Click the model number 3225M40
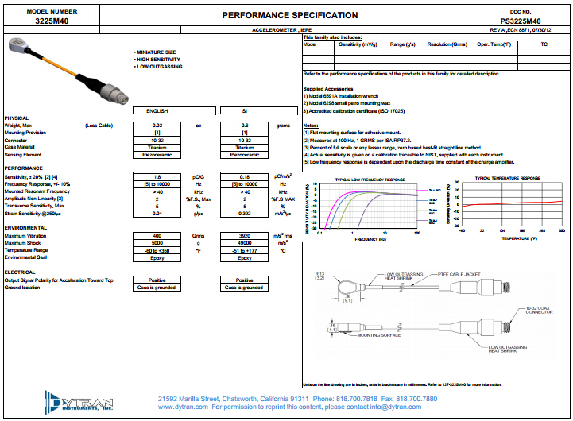tap(52, 21)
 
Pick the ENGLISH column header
tap(157, 110)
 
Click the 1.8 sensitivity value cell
tap(157, 176)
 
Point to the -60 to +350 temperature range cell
tap(157, 250)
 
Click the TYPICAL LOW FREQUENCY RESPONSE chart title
tap(370, 180)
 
